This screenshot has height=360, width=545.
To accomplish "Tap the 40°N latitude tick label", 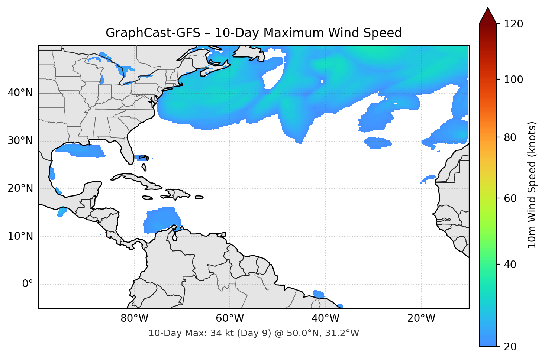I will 20,93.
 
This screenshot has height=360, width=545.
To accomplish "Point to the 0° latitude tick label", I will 28,284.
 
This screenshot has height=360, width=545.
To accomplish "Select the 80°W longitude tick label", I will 134,318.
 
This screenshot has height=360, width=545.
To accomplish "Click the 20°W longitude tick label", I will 421,318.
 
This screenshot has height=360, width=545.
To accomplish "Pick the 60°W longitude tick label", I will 230,318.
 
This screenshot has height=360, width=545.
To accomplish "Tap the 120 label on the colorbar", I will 513,24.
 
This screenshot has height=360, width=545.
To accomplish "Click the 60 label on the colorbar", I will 510,198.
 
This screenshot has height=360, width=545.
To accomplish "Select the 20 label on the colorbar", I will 510,347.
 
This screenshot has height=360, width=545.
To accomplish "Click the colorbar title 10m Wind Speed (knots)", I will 532,185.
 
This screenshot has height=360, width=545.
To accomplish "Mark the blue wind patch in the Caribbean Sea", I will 161,220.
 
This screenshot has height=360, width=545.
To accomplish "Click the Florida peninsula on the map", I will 128,152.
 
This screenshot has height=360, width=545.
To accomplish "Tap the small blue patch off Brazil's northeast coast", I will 318,294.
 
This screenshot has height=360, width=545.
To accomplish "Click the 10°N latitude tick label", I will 20,236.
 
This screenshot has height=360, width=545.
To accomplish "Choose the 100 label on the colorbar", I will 513,80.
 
